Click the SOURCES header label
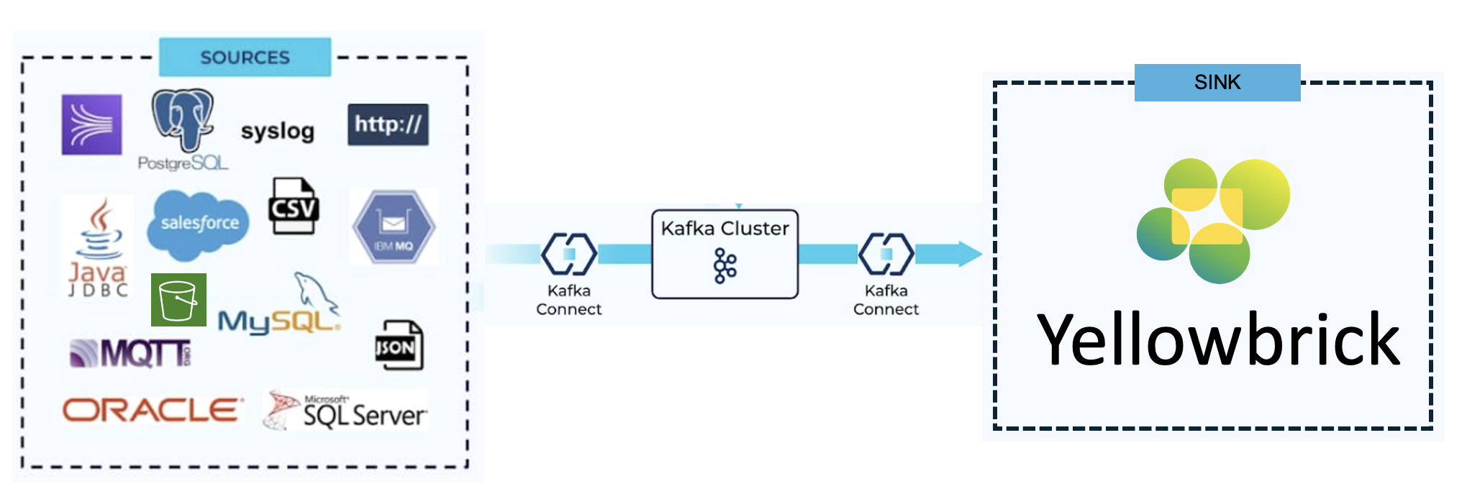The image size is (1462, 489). pos(245,58)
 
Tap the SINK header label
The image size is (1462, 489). pos(1217,83)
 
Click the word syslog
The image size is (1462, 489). pos(278,131)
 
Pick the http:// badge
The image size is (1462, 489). pos(388,124)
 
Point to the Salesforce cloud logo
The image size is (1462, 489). pos(199,224)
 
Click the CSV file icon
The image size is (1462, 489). pos(294,206)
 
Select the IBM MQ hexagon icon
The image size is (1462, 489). pos(394,227)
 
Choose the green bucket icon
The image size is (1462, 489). pos(178,300)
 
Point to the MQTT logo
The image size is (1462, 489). pos(130,353)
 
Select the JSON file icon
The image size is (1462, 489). pos(399,346)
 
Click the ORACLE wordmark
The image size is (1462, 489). pos(151,411)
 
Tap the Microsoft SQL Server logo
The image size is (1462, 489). pos(345,411)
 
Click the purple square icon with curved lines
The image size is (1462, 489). pos(91,124)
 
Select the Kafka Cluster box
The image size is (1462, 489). pos(725,254)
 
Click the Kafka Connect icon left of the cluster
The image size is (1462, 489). pos(568,254)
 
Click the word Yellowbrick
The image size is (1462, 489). pos(1217,339)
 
